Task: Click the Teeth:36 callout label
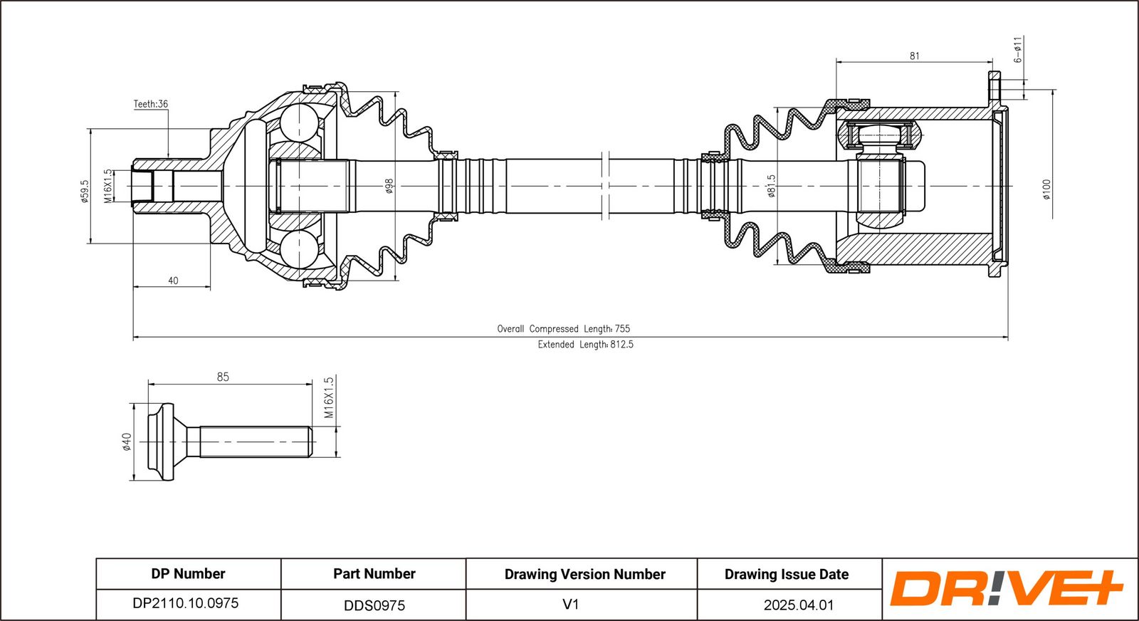[151, 104]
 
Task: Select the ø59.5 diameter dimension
[85, 190]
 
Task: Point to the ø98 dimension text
[389, 186]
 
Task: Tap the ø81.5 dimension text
[771, 186]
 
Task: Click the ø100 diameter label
[1046, 189]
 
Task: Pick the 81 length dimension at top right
[915, 56]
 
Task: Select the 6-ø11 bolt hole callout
[1018, 49]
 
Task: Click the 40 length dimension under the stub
[173, 281]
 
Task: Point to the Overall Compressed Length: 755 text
[563, 328]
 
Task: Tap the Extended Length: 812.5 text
[585, 345]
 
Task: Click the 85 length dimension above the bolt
[223, 377]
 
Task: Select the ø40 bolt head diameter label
[127, 442]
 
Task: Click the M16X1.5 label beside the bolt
[328, 397]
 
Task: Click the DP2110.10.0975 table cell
[186, 603]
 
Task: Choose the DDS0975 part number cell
[374, 605]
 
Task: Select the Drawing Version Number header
[584, 574]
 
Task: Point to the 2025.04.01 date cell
[798, 605]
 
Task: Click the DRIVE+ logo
[1005, 588]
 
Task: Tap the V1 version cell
[571, 605]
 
